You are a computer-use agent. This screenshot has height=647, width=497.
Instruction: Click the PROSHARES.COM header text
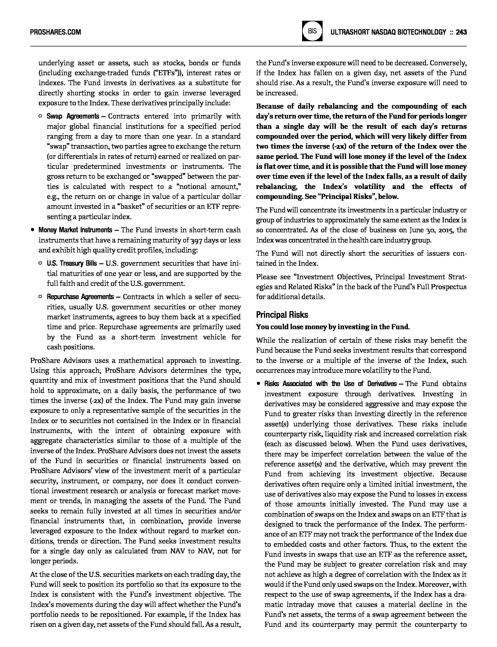coord(55,32)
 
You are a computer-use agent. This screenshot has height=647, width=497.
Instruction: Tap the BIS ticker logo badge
coord(312,31)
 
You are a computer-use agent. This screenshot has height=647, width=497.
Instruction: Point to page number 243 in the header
coord(461,32)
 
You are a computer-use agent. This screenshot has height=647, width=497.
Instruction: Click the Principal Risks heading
coord(282,315)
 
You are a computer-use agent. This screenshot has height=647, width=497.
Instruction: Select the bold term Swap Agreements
coord(73,116)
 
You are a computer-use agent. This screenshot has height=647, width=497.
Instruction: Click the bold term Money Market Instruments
coord(75,230)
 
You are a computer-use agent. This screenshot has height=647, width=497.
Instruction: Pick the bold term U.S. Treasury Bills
coord(72,264)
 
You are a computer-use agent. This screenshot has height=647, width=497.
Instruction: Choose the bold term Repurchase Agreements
coord(80,297)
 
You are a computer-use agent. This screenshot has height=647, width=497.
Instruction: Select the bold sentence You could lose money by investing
coord(333,327)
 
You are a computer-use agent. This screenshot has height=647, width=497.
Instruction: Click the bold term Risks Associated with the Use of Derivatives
coord(330,384)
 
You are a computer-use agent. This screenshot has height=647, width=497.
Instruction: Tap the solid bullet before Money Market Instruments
coord(32,230)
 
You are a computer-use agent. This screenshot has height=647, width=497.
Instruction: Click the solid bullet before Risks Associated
coord(258,384)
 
